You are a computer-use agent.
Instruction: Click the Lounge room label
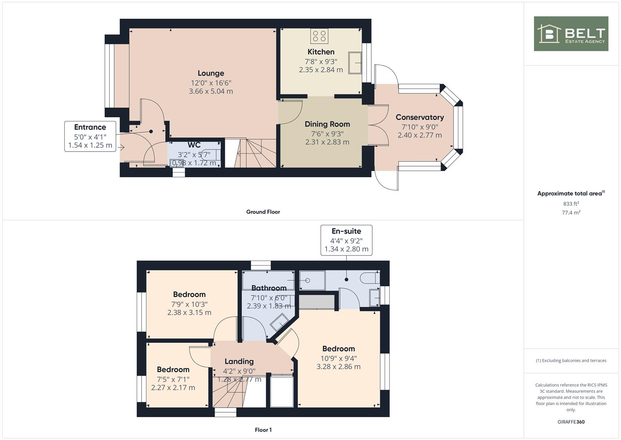(211, 73)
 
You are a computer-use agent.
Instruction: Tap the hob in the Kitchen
(319, 36)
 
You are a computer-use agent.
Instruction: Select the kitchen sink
(355, 63)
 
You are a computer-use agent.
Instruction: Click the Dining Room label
(327, 124)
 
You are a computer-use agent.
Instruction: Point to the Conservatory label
(419, 117)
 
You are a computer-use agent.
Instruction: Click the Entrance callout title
(90, 127)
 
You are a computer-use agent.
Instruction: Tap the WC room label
(194, 145)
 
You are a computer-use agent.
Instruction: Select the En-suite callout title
(346, 231)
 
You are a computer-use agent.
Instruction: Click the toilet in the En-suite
(370, 278)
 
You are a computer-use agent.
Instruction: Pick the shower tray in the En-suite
(312, 281)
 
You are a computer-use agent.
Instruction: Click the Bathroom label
(269, 288)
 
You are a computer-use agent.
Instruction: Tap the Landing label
(239, 361)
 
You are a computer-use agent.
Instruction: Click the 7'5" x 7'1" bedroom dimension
(173, 379)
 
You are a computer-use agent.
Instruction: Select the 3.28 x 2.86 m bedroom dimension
(338, 367)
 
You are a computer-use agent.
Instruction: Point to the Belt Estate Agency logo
(571, 33)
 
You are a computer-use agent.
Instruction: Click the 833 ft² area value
(571, 204)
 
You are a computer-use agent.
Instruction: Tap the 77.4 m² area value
(571, 213)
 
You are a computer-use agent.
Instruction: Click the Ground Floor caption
(263, 212)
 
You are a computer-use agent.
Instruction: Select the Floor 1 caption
(263, 430)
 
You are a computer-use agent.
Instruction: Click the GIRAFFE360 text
(571, 422)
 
